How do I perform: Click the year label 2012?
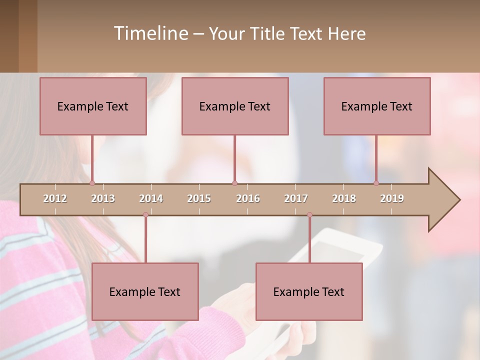(x=55, y=198)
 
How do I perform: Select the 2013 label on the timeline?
(x=103, y=198)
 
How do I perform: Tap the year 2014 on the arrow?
(x=151, y=198)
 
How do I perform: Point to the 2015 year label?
(x=199, y=198)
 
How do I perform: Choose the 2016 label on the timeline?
(x=248, y=198)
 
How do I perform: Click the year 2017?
(x=296, y=198)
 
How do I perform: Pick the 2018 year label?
(x=344, y=198)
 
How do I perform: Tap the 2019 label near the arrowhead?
(x=392, y=198)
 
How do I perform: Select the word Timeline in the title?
(x=149, y=33)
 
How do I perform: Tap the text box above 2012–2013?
(x=93, y=106)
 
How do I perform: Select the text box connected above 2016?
(x=235, y=106)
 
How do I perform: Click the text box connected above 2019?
(x=377, y=106)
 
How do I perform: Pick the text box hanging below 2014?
(x=145, y=291)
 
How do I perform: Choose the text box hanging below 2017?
(x=309, y=291)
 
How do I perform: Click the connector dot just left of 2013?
(x=92, y=183)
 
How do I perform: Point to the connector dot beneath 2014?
(x=145, y=214)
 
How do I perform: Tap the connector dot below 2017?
(x=309, y=214)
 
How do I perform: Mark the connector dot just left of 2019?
(x=376, y=183)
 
